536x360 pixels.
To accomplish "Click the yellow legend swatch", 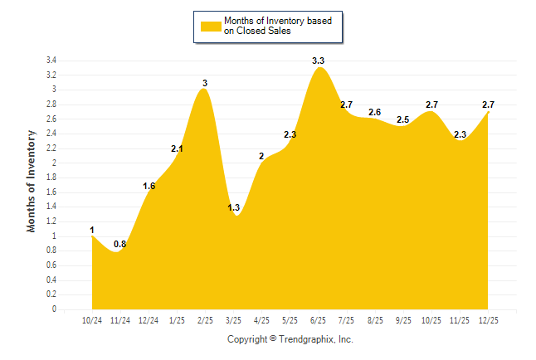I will coord(211,26).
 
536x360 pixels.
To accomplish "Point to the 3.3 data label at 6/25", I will coord(318,61).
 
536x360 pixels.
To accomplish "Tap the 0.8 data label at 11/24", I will coord(120,244).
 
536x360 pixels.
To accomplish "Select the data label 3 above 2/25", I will coord(205,83).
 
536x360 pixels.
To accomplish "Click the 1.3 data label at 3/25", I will coord(233,207).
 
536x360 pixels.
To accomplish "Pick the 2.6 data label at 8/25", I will coord(375,112).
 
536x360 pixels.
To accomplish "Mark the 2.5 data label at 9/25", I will coord(403,119).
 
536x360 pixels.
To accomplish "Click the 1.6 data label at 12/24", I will coord(149,186).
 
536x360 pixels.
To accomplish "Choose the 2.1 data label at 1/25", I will coord(177,149).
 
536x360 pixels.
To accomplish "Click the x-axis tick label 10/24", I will coord(91,319).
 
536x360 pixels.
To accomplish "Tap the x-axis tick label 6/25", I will coord(318,319).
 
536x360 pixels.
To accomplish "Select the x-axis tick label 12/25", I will coord(488,319).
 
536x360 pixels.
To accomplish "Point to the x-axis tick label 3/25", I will coord(233,319).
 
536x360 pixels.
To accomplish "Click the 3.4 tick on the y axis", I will coord(51,61).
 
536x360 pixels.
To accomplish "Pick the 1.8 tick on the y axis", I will coord(51,178).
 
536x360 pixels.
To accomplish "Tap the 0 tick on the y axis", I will coord(54,309).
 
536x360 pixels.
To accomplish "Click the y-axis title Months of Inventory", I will coord(32,180).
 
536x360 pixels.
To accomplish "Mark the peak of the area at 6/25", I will coord(318,68).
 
